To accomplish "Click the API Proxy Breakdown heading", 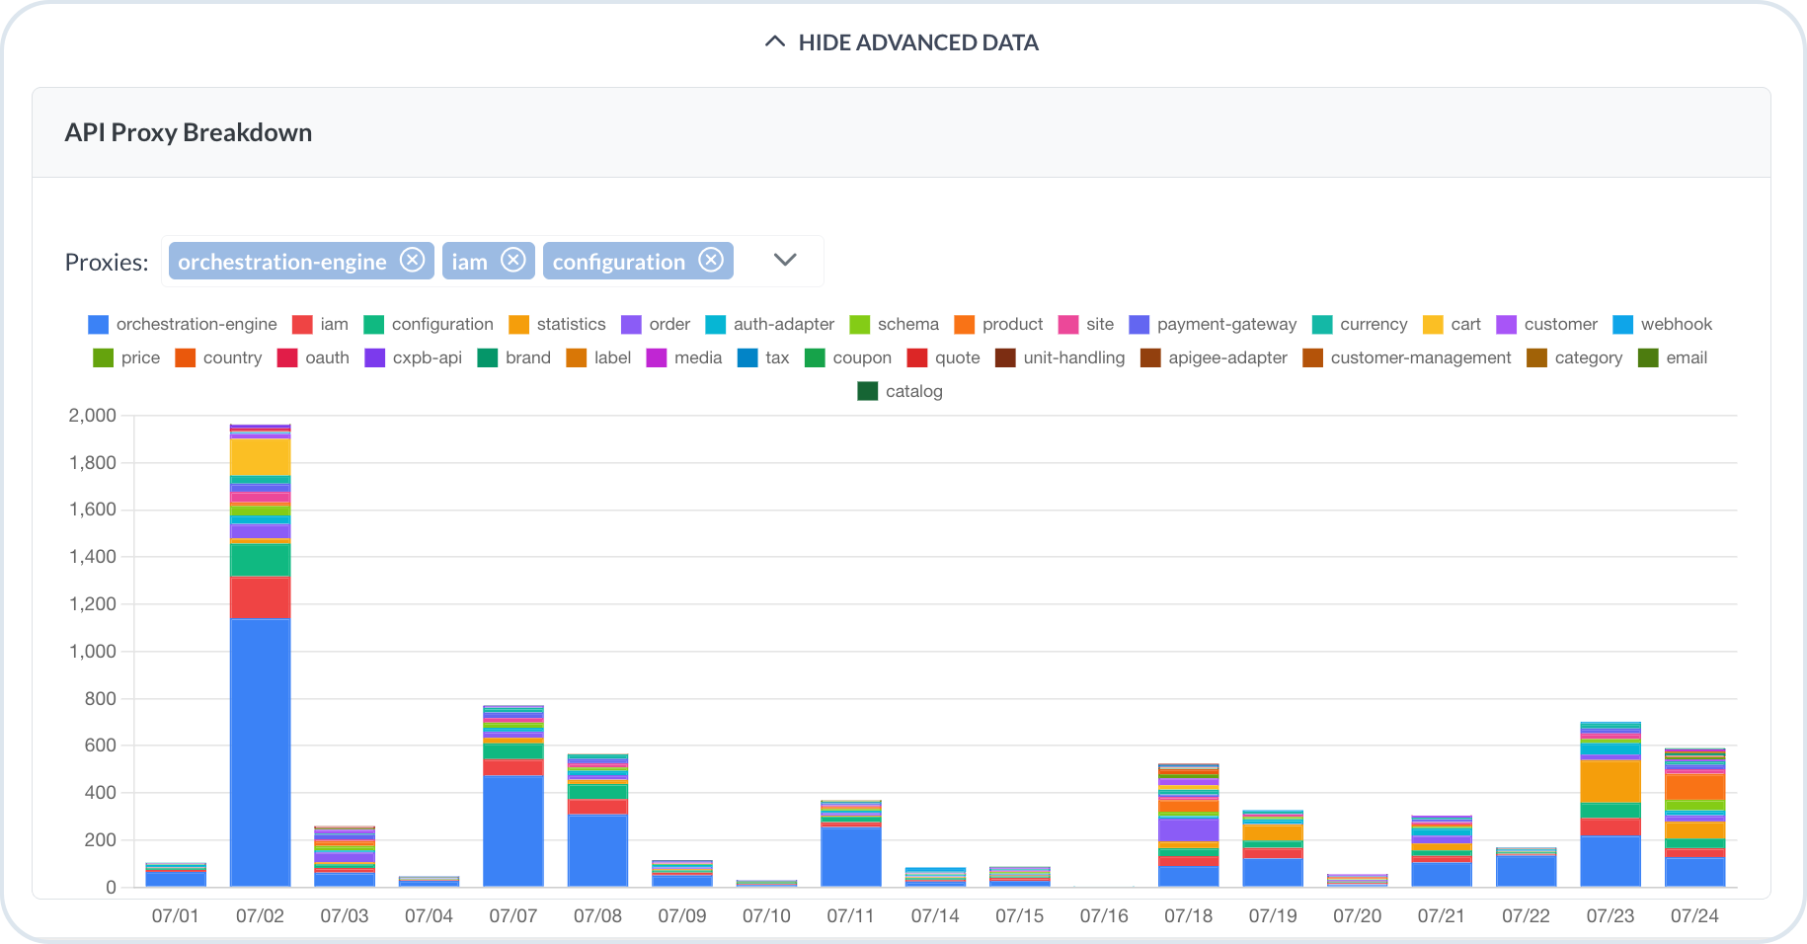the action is [189, 132].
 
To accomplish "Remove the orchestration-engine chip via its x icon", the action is [412, 260].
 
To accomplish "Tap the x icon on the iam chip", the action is [512, 260].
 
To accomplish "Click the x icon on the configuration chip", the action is [711, 260].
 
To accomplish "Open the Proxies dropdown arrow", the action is [785, 260].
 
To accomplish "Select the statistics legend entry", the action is [557, 324].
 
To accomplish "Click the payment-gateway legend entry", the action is [1213, 324].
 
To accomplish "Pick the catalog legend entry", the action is [900, 391].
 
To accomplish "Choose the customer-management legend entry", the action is [1407, 357].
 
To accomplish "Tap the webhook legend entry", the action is [1662, 324].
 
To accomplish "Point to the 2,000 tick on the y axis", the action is [92, 416].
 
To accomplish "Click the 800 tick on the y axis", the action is [100, 699].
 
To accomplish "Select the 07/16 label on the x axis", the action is [1104, 916].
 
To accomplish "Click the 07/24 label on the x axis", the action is [1694, 916].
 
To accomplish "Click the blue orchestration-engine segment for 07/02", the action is [261, 752].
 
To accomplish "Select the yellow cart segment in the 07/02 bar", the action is [261, 457].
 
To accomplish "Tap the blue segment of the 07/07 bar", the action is [513, 831].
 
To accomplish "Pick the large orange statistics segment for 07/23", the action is [1611, 781].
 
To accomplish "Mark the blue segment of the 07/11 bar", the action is [851, 857].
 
